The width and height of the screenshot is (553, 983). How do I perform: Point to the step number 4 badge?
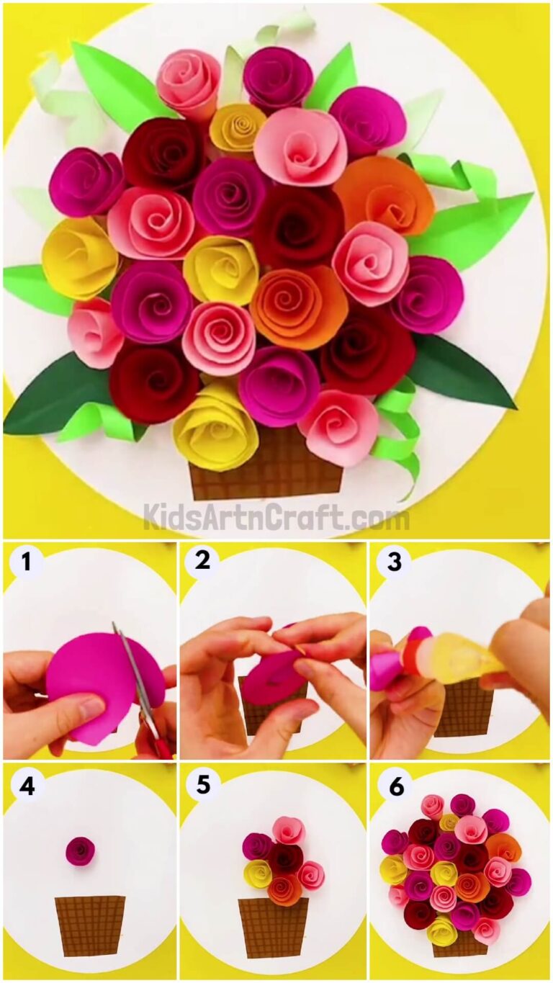[27, 786]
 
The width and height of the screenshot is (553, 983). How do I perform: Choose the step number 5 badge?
[202, 786]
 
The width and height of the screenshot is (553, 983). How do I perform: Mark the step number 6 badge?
[396, 786]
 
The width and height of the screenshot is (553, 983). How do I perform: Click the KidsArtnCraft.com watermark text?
[276, 516]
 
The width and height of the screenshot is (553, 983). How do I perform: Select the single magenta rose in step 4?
[80, 850]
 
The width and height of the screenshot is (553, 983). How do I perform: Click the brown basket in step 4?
[89, 925]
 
